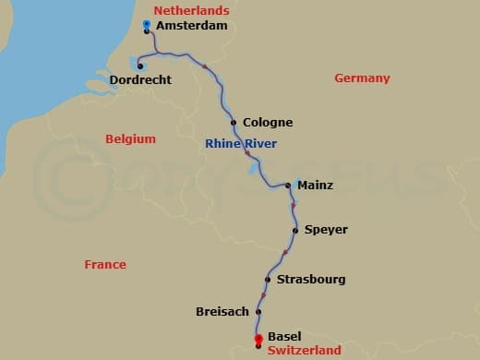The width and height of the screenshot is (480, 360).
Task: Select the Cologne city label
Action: coord(268,122)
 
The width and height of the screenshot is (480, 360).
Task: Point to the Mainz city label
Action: coord(315,186)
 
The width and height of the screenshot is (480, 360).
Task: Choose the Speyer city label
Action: coord(326,230)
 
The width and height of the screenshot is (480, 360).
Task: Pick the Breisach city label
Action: coord(222,312)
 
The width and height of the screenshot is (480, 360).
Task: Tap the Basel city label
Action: coord(284,337)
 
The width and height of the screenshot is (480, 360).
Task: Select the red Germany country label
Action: coord(362,78)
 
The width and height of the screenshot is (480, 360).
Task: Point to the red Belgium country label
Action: coord(130,139)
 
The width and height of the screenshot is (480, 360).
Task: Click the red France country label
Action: coord(105,265)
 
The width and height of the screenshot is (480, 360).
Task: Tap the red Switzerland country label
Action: coord(305,351)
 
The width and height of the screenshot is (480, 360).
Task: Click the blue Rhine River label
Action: coord(241,143)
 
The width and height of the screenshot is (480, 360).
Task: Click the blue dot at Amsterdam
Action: coord(148,24)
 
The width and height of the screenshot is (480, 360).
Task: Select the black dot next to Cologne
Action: coord(234,122)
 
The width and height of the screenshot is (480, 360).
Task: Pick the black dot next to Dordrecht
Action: coord(138,66)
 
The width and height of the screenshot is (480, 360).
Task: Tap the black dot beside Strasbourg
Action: coord(268,279)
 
